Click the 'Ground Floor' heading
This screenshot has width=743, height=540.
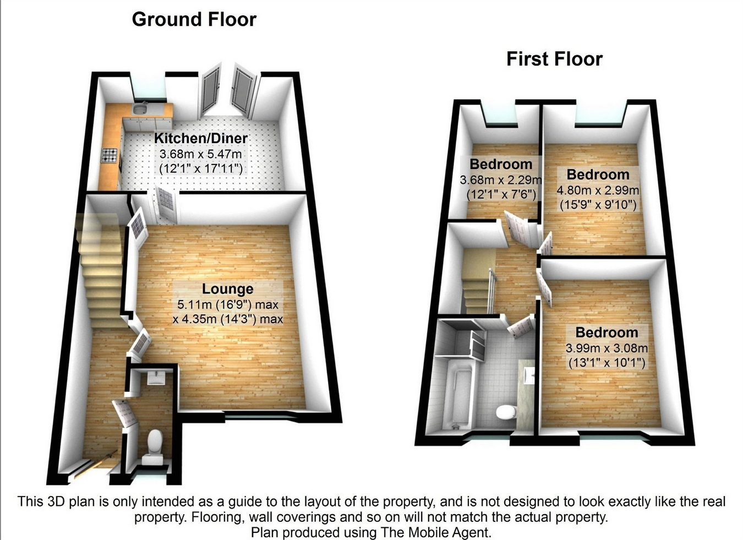(194, 20)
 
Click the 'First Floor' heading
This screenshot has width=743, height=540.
(554, 59)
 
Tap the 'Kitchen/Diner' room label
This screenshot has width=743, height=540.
(200, 138)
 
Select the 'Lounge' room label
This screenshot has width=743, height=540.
(227, 289)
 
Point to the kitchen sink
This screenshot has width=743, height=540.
(140, 110)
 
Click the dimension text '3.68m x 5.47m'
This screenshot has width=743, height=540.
(200, 154)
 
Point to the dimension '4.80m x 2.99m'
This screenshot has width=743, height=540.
(598, 190)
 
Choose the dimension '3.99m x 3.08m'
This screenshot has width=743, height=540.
(607, 348)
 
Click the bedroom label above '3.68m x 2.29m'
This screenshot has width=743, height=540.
(501, 164)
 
